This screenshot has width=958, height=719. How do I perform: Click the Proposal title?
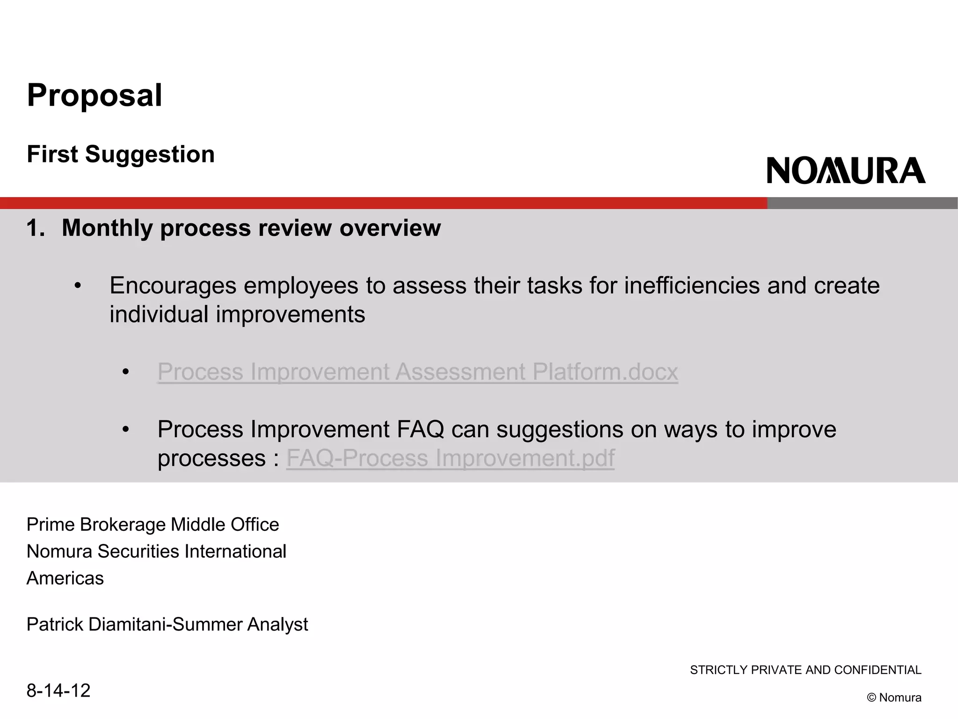point(94,95)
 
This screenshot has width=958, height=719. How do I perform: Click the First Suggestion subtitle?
point(121,154)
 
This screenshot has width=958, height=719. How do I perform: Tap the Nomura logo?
point(846,170)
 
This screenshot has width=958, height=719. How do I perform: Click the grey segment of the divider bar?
point(862,203)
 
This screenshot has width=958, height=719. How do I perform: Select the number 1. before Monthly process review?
point(36,228)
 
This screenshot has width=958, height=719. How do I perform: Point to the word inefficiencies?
point(692,286)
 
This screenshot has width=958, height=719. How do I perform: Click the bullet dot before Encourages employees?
point(78,286)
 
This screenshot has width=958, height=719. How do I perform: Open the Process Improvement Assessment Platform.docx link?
point(417,372)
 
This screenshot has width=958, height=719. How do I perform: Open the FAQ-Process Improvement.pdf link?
point(450,458)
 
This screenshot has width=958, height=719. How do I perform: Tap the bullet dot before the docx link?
point(125,372)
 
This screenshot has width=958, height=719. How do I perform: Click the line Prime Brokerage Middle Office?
point(152,525)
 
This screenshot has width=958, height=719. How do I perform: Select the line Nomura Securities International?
point(156,551)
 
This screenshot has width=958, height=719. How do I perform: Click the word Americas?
point(65,579)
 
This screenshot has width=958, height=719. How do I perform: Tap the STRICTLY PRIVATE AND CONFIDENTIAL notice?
point(805,670)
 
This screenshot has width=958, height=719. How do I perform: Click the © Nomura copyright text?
point(893,697)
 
